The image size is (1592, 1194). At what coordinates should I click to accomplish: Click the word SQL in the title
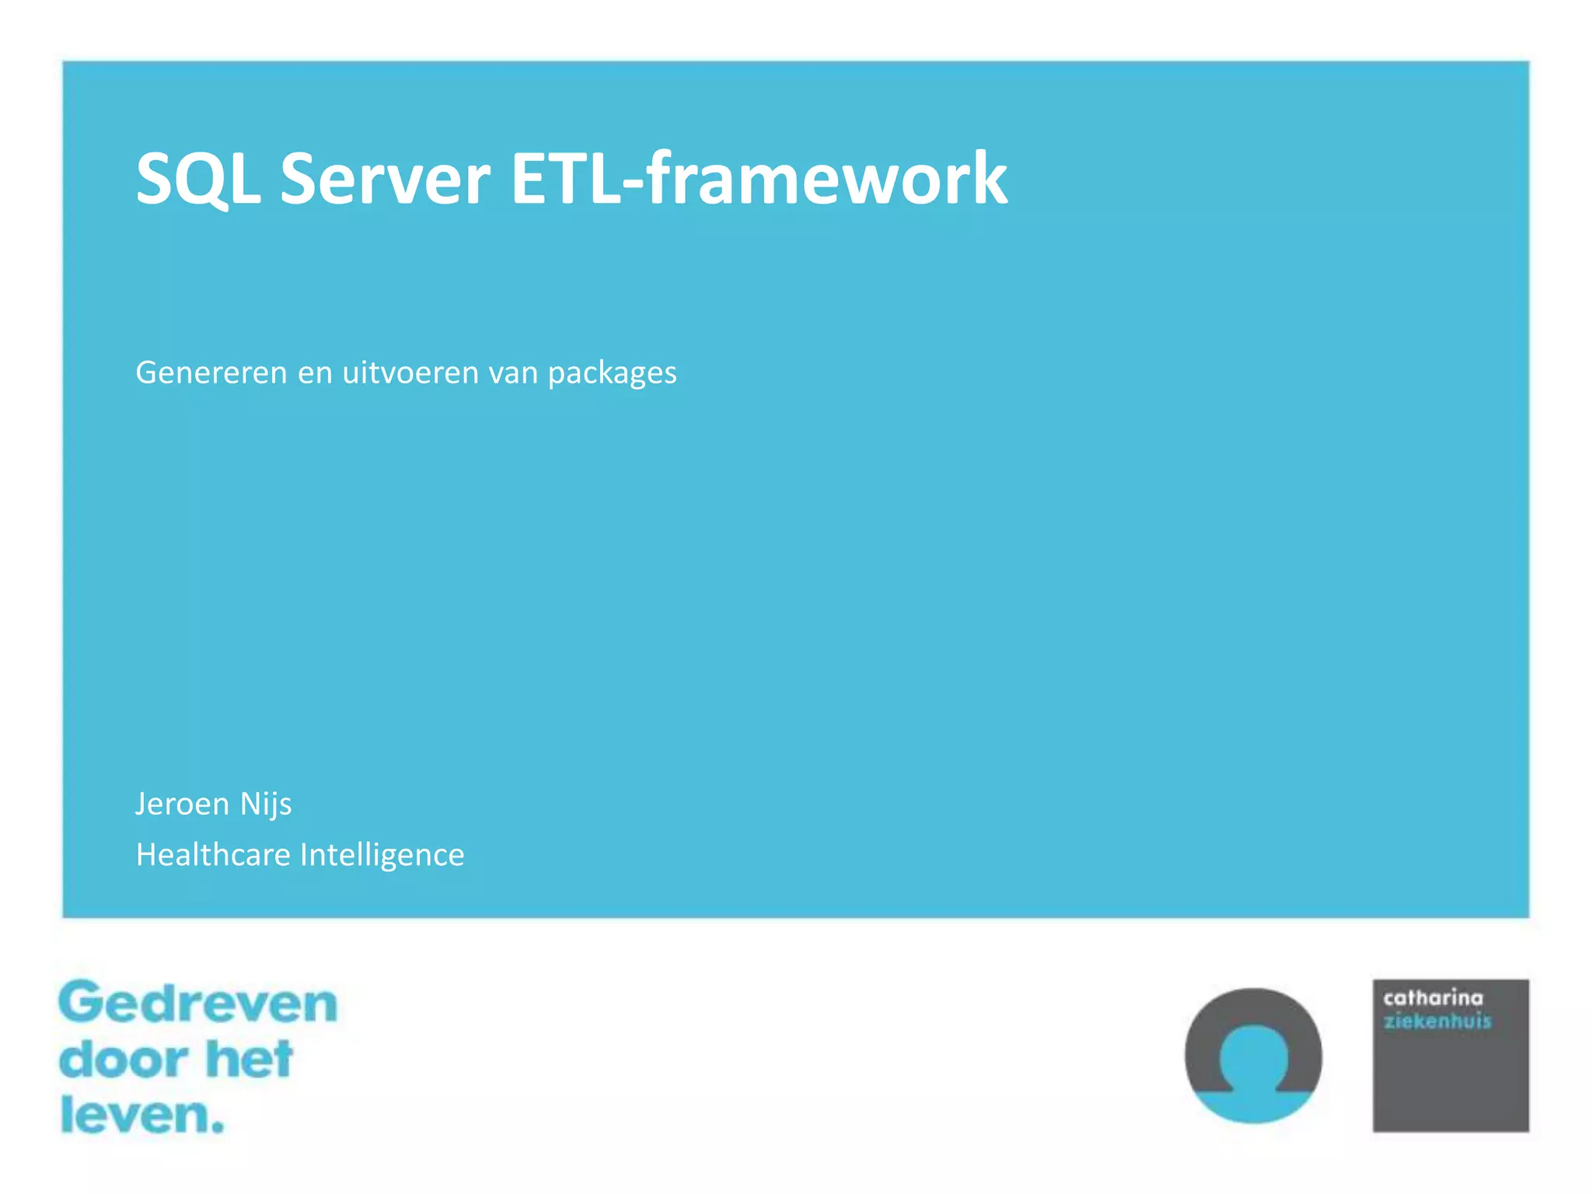click(x=197, y=180)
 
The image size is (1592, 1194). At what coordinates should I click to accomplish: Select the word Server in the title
click(x=385, y=180)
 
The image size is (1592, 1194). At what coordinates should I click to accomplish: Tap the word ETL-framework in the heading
click(x=759, y=180)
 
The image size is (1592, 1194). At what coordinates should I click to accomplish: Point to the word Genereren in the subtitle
click(x=211, y=373)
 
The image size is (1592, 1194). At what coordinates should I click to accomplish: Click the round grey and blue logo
click(x=1253, y=1056)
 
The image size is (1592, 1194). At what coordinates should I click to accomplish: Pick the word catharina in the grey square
click(x=1433, y=998)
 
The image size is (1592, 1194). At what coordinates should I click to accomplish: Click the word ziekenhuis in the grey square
click(x=1437, y=1021)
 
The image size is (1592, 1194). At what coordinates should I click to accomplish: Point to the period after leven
click(x=218, y=1126)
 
